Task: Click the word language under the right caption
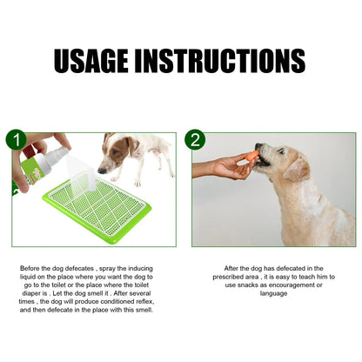(273, 293)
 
